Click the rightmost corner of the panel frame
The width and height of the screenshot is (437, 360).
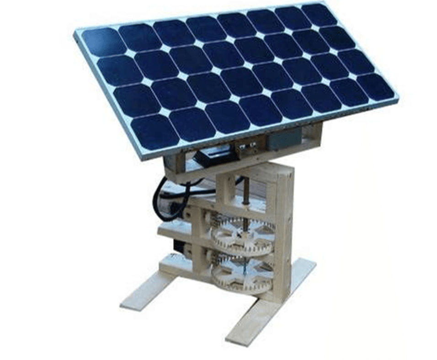[398, 99]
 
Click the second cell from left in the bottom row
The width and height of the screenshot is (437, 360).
[192, 124]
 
